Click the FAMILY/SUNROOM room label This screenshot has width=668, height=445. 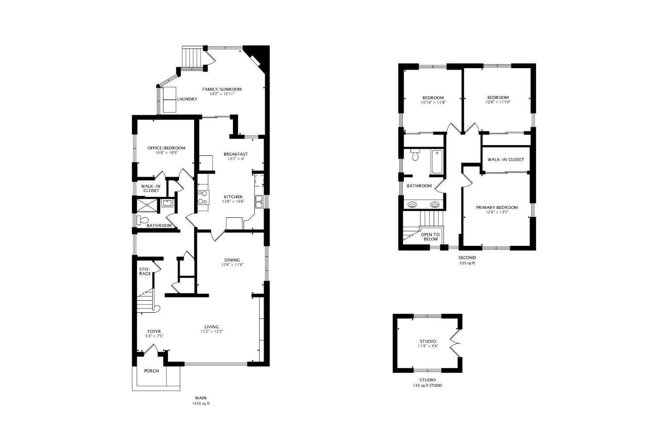pyautogui.click(x=222, y=90)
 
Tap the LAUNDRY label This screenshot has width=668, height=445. pyautogui.click(x=187, y=99)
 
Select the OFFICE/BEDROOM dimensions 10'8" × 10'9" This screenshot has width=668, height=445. pyautogui.click(x=166, y=153)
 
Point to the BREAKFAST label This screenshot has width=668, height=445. pyautogui.click(x=236, y=154)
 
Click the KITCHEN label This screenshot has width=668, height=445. pyautogui.click(x=233, y=196)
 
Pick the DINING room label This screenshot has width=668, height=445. pyautogui.click(x=232, y=260)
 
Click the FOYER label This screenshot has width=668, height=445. pyautogui.click(x=154, y=331)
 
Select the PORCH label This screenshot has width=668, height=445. pyautogui.click(x=151, y=371)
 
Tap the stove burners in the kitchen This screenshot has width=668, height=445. pyautogui.click(x=203, y=197)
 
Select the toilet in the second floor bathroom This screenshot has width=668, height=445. pyautogui.click(x=415, y=155)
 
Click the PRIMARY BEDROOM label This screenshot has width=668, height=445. pyautogui.click(x=497, y=208)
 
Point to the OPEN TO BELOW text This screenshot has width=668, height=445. pyautogui.click(x=430, y=237)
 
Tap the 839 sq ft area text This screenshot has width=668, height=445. pyautogui.click(x=467, y=263)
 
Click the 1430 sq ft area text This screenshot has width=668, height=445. pyautogui.click(x=200, y=404)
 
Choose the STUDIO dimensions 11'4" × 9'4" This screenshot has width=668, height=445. pyautogui.click(x=428, y=346)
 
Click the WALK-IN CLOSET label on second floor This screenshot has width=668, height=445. pyautogui.click(x=505, y=159)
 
